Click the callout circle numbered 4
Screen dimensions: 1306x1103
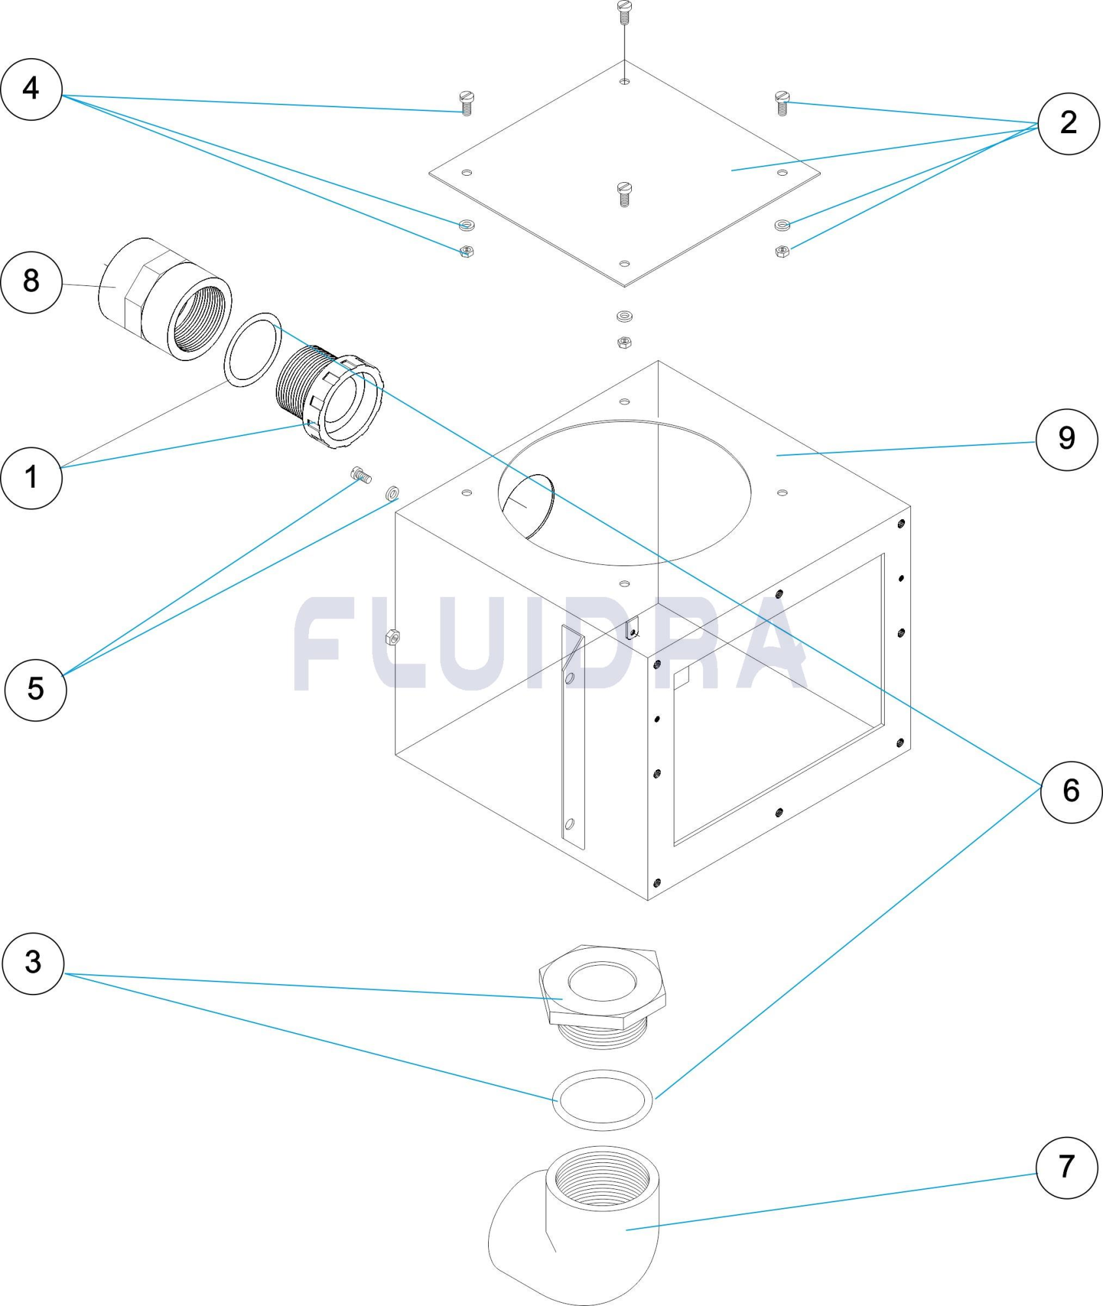[31, 89]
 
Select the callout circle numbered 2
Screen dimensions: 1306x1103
[1068, 123]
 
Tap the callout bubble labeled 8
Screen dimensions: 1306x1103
[31, 282]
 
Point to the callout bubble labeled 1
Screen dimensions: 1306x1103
[31, 477]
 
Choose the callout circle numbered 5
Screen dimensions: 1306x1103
[35, 690]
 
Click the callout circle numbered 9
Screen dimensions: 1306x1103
[1066, 439]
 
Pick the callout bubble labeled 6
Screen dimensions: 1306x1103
[1070, 791]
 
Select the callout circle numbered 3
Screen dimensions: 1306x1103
[33, 963]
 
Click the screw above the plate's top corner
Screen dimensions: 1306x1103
[625, 12]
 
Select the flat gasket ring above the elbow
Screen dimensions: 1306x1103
[602, 1100]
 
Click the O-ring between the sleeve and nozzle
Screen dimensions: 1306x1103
[253, 350]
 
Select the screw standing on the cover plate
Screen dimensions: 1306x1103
[625, 194]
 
